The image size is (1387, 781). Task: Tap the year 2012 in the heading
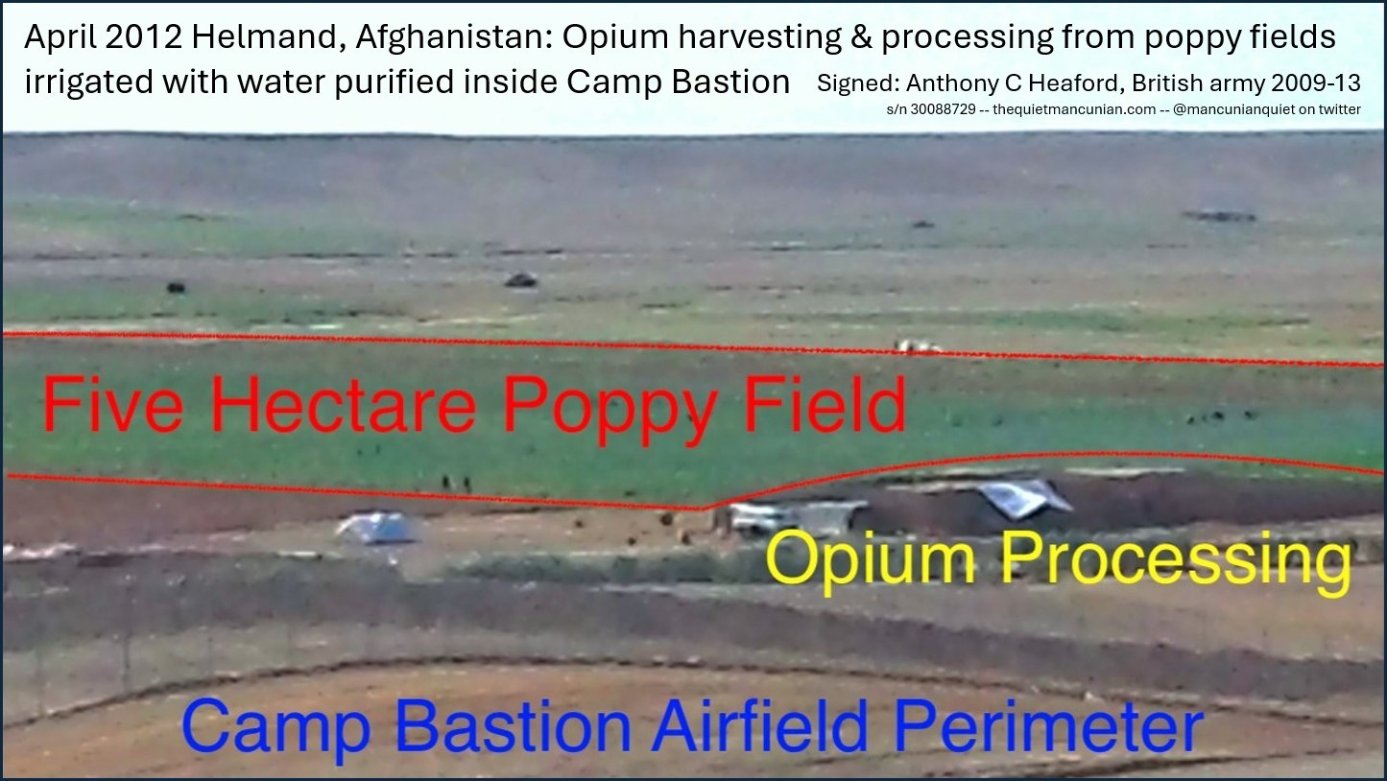pyautogui.click(x=142, y=37)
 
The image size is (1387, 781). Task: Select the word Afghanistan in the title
pyautogui.click(x=454, y=38)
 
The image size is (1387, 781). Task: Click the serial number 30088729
pyautogui.click(x=943, y=109)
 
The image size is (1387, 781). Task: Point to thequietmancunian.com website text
pyautogui.click(x=1074, y=109)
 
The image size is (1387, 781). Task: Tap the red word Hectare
pyautogui.click(x=344, y=404)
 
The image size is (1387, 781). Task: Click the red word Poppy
pyautogui.click(x=610, y=409)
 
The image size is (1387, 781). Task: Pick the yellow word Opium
pyautogui.click(x=870, y=558)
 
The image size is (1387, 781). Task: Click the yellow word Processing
pyautogui.click(x=1177, y=560)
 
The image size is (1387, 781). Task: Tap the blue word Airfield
pyautogui.click(x=759, y=723)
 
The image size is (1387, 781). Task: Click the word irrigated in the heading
pyautogui.click(x=85, y=83)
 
